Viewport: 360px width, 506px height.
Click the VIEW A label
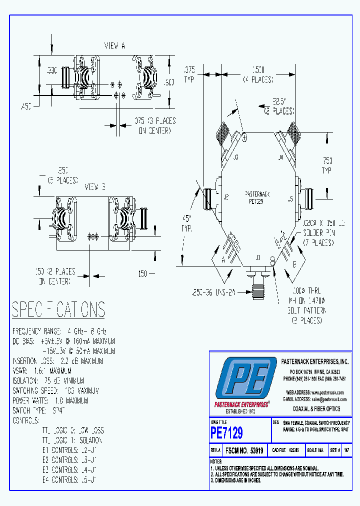coord(114,46)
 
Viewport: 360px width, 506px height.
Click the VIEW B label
coord(94,187)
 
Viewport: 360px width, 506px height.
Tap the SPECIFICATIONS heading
coord(58,310)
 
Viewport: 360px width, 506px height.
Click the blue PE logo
coord(245,379)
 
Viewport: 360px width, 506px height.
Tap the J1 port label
coord(258,258)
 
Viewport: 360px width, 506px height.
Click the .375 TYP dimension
coord(189,74)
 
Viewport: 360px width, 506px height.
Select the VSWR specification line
coord(42,371)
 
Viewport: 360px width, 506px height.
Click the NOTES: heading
coord(216,461)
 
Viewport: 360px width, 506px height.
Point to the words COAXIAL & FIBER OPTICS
coord(316,408)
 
